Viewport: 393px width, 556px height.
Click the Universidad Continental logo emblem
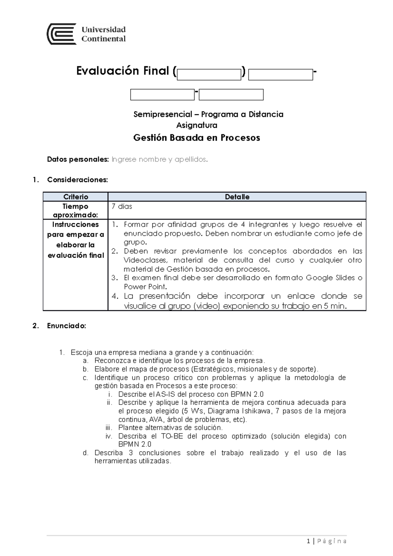pos(62,34)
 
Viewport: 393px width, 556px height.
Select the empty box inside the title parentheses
pos(209,75)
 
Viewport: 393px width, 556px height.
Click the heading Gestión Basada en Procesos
pos(196,138)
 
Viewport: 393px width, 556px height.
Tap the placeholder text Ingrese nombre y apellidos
pos(160,159)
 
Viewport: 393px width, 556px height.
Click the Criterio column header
pos(76,197)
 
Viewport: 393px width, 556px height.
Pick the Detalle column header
pos(237,197)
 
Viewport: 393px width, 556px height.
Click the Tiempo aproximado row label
pos(76,211)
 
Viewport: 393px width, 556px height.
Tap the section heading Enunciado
pos(66,326)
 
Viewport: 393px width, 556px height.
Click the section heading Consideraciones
pos(77,180)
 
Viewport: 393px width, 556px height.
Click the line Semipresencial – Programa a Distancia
pos(208,114)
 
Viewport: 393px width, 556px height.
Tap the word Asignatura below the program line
pos(196,125)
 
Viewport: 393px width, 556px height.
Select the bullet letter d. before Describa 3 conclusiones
pos(85,453)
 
